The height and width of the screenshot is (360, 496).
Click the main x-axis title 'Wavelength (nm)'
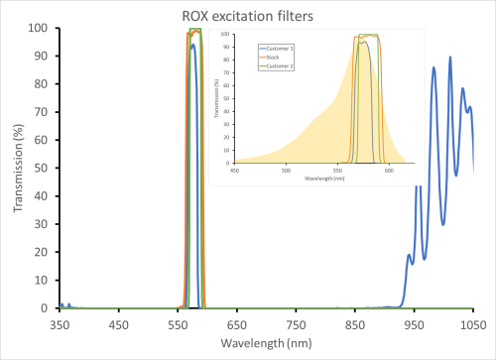click(x=266, y=346)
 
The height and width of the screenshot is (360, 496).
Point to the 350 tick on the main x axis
click(x=60, y=322)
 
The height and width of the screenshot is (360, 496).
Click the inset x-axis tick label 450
click(x=235, y=170)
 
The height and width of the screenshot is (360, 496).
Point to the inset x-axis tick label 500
click(x=287, y=170)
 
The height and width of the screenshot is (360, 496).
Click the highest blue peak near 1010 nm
click(x=450, y=58)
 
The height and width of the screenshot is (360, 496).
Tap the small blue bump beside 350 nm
click(x=62, y=304)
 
